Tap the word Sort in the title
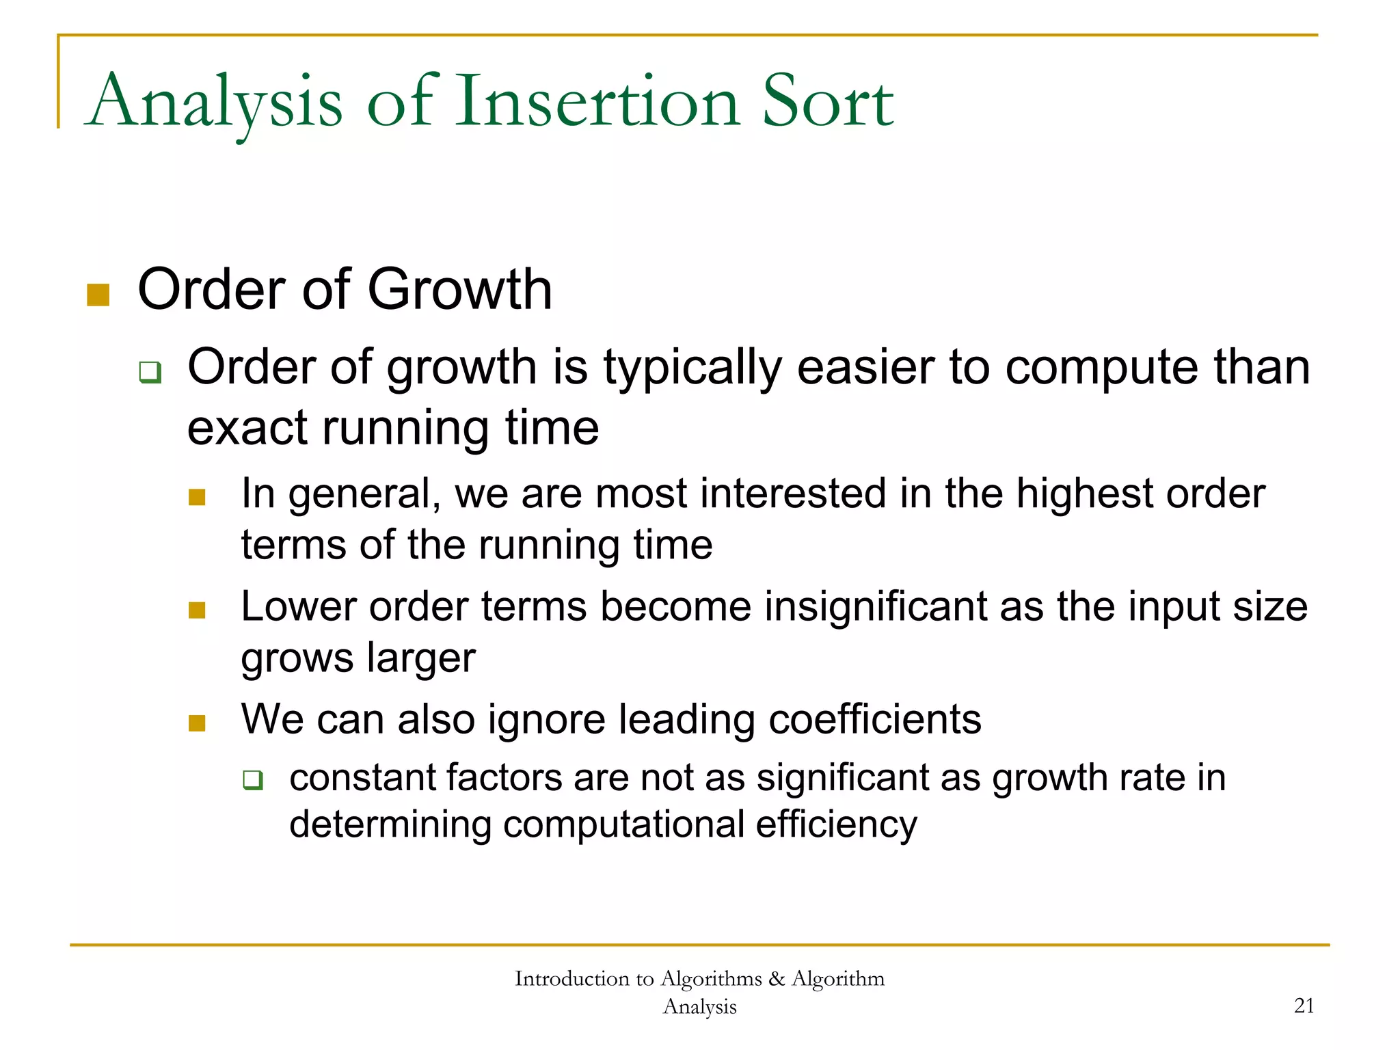(x=827, y=103)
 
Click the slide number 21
(x=1304, y=1006)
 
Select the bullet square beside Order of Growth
(x=98, y=295)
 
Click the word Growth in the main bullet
(x=459, y=290)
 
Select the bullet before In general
(x=197, y=497)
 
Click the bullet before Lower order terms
(x=197, y=610)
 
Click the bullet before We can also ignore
(x=197, y=723)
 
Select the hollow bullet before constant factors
(x=253, y=780)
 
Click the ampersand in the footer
(x=776, y=979)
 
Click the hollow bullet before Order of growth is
(x=150, y=373)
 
